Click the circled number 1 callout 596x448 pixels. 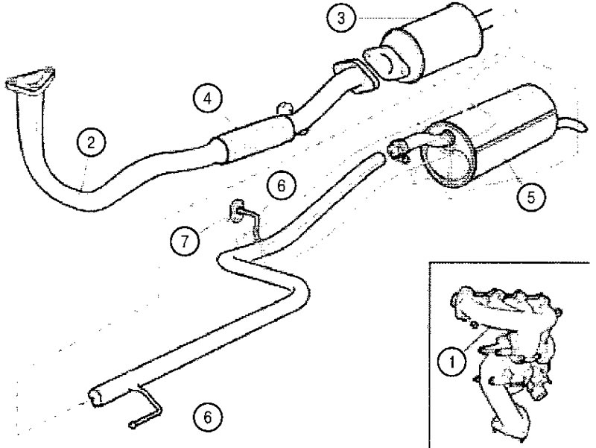(x=452, y=362)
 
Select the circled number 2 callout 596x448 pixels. (x=91, y=142)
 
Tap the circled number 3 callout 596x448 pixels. (x=341, y=18)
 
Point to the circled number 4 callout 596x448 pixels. (x=207, y=99)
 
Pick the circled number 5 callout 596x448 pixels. (x=531, y=197)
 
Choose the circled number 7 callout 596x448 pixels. (x=185, y=241)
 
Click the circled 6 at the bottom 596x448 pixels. (x=208, y=417)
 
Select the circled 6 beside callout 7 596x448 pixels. (x=282, y=186)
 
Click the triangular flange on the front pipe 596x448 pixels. (x=31, y=80)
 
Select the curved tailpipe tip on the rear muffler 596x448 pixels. (x=574, y=124)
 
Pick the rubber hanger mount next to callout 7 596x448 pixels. (x=237, y=211)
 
